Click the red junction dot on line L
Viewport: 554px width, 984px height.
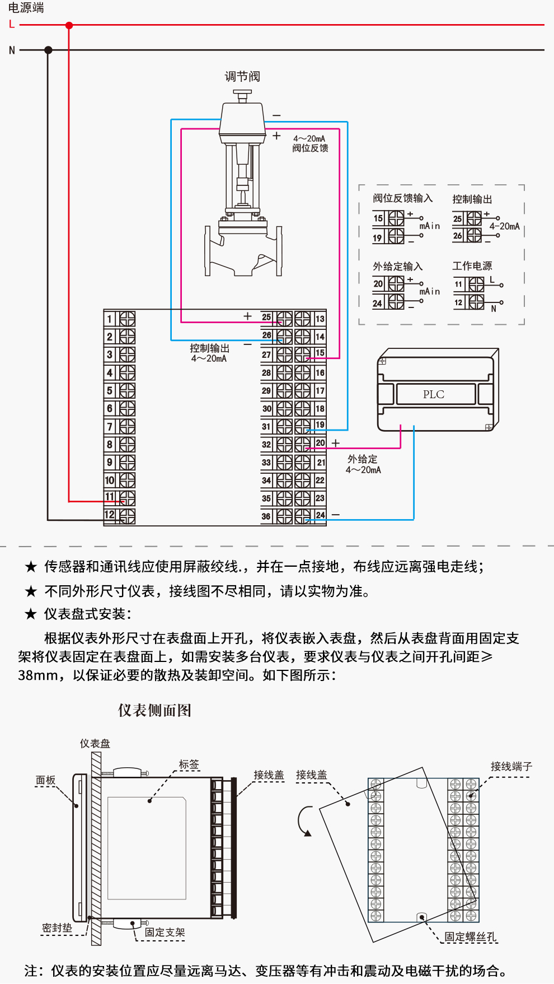click(x=69, y=25)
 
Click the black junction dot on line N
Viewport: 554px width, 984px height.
click(x=48, y=50)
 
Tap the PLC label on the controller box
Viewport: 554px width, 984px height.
click(x=434, y=394)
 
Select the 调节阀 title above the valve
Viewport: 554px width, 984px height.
click(x=242, y=76)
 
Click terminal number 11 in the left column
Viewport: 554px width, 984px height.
click(x=110, y=497)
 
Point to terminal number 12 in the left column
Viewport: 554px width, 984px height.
click(x=110, y=515)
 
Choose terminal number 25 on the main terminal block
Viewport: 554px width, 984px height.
click(x=266, y=318)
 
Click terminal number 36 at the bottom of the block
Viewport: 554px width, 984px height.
click(x=266, y=516)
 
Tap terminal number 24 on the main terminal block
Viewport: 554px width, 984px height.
click(x=320, y=515)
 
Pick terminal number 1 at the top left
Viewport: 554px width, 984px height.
click(x=110, y=319)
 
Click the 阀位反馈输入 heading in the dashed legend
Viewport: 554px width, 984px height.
click(x=403, y=198)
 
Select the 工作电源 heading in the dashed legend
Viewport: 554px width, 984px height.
click(x=472, y=266)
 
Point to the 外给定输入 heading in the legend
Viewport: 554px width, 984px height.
click(x=398, y=267)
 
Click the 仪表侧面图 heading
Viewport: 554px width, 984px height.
click(x=154, y=710)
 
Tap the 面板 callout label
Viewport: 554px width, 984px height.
click(x=46, y=780)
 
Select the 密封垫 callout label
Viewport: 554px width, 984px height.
click(x=57, y=928)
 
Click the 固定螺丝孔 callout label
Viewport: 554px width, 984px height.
click(x=470, y=936)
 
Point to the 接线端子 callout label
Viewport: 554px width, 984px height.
click(x=511, y=766)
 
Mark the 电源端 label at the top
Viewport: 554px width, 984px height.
click(x=26, y=8)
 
